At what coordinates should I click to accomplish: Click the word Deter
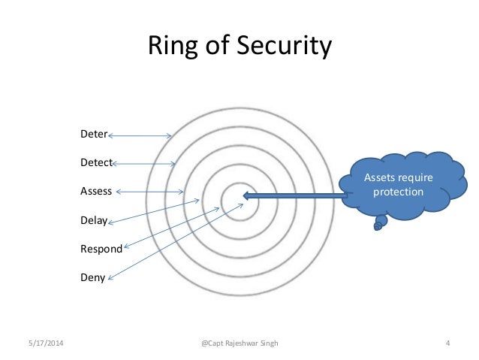tap(93, 136)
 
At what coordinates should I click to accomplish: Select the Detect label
tap(96, 163)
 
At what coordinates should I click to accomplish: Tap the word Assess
tap(96, 191)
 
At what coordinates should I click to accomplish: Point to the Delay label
tap(94, 221)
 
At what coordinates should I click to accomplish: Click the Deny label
tap(92, 277)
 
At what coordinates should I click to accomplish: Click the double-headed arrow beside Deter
tap(140, 136)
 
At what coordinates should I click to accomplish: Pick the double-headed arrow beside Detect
tap(143, 163)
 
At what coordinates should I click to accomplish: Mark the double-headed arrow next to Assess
tap(150, 191)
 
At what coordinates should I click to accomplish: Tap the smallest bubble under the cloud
tap(377, 228)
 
